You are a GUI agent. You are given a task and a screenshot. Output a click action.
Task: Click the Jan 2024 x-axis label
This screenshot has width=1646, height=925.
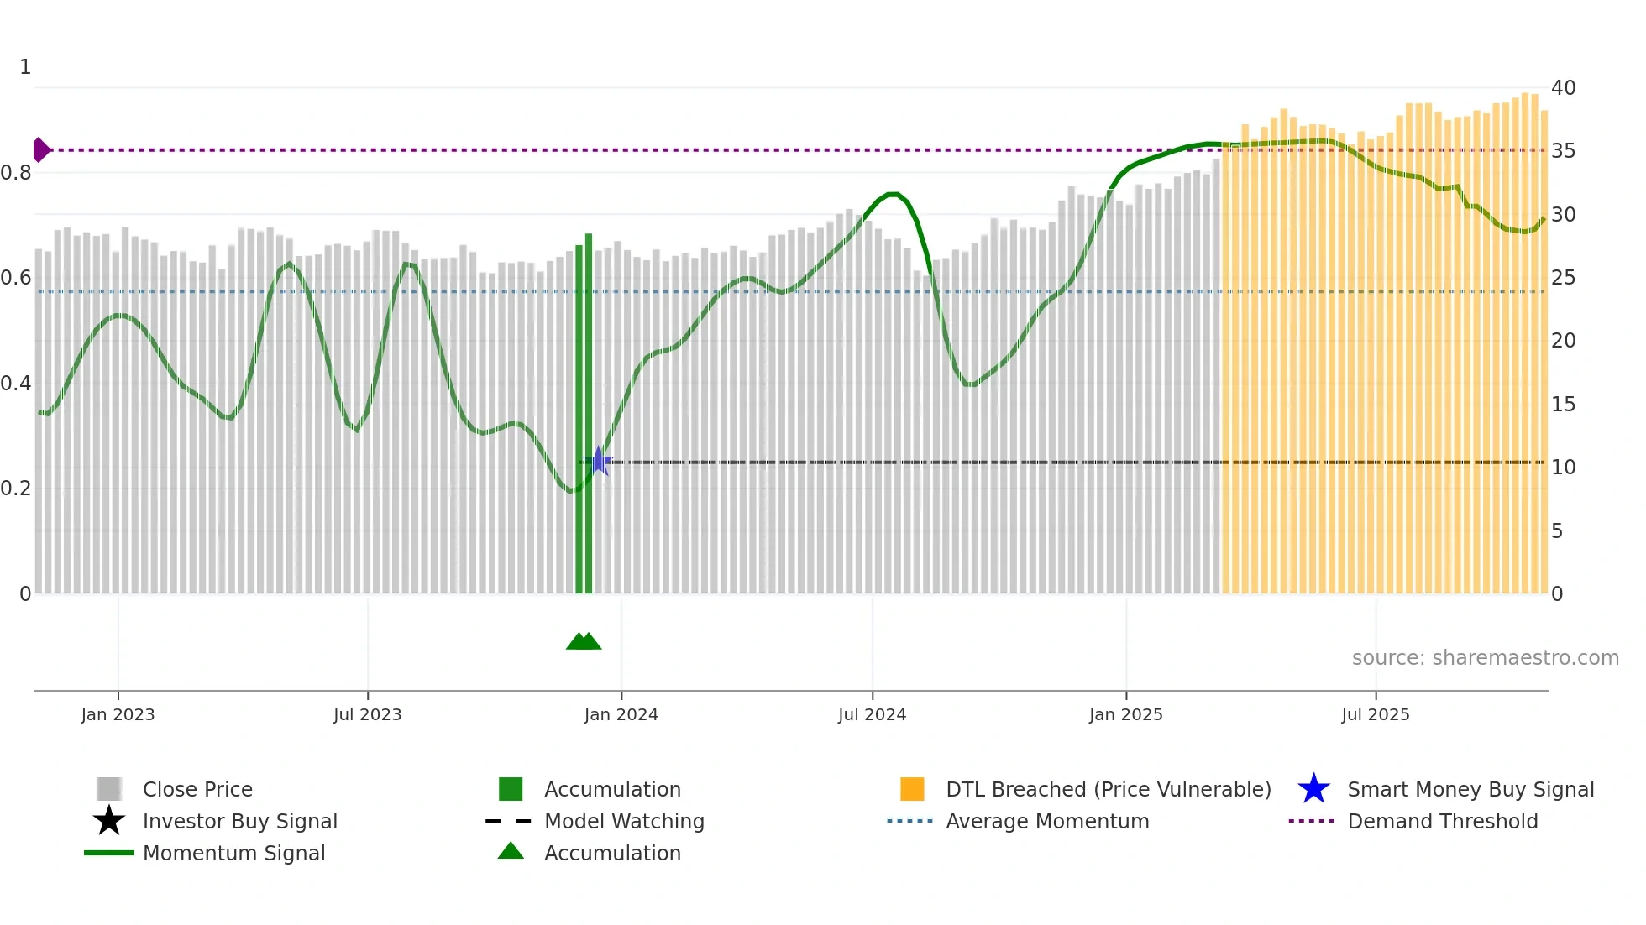621,714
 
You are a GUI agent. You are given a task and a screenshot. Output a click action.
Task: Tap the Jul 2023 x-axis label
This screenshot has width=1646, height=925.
367,714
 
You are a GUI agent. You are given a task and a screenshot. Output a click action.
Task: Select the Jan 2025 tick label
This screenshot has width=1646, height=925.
1125,714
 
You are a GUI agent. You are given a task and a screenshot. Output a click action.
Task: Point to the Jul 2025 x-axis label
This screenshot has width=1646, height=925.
1375,714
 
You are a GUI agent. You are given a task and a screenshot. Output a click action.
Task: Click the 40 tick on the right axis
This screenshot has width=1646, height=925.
1563,87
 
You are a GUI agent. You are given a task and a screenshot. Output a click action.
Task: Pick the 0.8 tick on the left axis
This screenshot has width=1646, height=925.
17,173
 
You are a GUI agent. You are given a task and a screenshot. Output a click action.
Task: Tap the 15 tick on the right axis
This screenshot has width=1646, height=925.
1563,404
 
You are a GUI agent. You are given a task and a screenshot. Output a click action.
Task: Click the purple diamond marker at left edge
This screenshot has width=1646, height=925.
40,149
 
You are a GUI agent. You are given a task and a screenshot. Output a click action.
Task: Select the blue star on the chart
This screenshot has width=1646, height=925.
599,461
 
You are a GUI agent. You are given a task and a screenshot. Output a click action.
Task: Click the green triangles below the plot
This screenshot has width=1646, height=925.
584,641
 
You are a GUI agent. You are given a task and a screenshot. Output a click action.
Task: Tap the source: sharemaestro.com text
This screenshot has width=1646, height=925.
1485,657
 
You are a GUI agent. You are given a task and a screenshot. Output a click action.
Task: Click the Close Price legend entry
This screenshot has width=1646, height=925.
197,789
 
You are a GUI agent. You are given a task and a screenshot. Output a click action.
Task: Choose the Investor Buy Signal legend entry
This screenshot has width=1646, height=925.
239,821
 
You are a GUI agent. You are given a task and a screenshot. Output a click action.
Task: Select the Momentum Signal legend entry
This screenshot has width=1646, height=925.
233,853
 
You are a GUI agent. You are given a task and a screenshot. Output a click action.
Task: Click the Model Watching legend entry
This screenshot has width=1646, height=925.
624,821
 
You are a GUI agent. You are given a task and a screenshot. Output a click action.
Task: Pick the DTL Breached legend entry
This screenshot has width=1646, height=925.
1108,789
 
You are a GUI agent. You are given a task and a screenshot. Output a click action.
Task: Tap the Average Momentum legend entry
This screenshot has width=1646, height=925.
1046,821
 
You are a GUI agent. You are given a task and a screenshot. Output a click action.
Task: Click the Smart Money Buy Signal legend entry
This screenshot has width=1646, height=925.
1470,789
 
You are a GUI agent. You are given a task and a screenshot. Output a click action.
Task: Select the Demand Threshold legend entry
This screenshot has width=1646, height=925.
1442,821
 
